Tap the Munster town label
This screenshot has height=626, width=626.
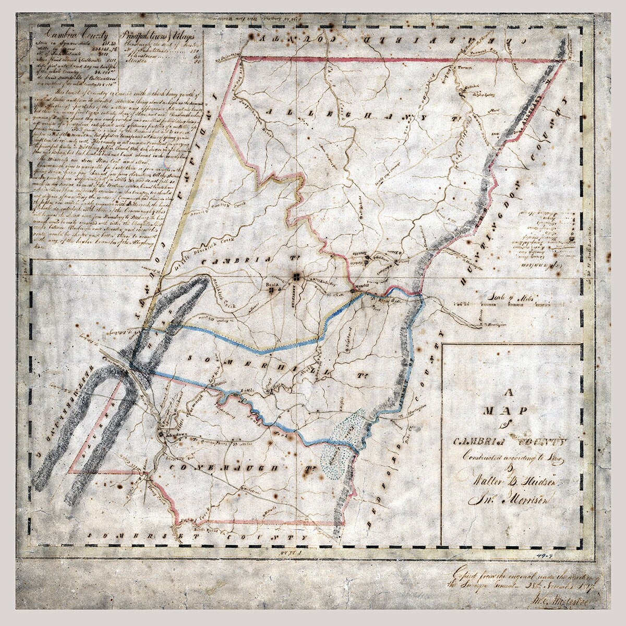(x=360, y=287)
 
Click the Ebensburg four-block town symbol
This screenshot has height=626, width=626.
(x=296, y=276)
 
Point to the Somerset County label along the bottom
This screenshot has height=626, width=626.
(x=198, y=536)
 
